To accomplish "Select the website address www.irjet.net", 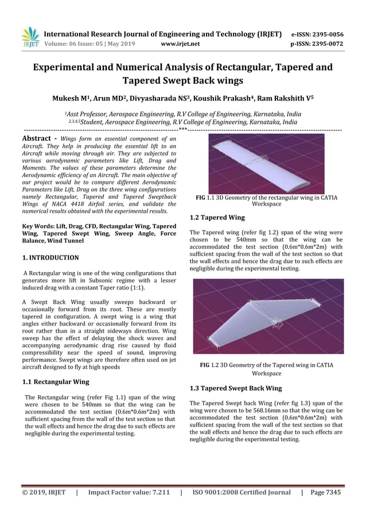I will (x=181, y=43).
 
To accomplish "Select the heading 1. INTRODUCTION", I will (x=50, y=258).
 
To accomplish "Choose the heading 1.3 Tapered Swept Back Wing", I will (x=235, y=388).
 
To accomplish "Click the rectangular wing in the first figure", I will (x=266, y=163).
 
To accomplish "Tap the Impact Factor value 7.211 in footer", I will (x=157, y=492).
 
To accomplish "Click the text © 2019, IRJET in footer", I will (x=44, y=492).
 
